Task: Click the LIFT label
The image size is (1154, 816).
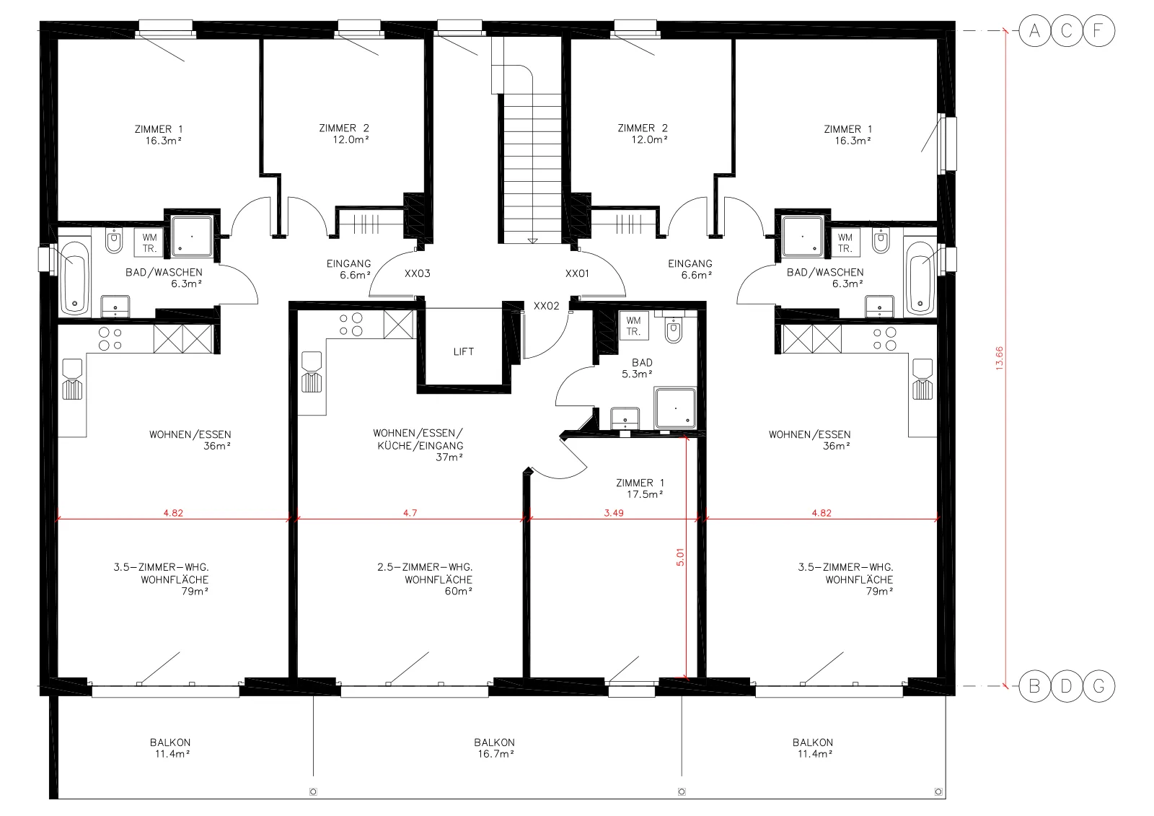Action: (x=463, y=351)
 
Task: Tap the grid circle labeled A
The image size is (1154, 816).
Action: (x=1034, y=31)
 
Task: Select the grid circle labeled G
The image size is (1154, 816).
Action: (x=1098, y=686)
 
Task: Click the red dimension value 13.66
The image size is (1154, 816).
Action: (x=999, y=359)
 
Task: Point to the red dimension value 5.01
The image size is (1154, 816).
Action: (x=680, y=557)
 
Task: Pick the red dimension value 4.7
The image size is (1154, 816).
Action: (x=410, y=513)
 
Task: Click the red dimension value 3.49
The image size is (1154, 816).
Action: (x=614, y=513)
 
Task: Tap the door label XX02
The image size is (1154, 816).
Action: (x=546, y=306)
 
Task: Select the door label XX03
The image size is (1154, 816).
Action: (x=417, y=273)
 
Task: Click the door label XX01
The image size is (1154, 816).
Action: (x=576, y=273)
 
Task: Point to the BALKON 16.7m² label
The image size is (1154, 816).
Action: (x=495, y=748)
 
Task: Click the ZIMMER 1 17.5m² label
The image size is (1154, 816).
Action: (x=640, y=488)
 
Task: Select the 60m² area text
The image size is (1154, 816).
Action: (x=459, y=591)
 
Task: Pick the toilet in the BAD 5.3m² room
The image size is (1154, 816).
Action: (x=674, y=330)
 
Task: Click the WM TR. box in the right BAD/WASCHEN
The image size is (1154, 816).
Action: (x=845, y=243)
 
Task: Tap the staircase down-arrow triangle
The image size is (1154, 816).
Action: (x=533, y=241)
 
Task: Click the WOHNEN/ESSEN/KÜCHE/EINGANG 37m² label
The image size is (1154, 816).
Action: (x=418, y=445)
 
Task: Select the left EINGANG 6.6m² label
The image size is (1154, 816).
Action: (x=349, y=269)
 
